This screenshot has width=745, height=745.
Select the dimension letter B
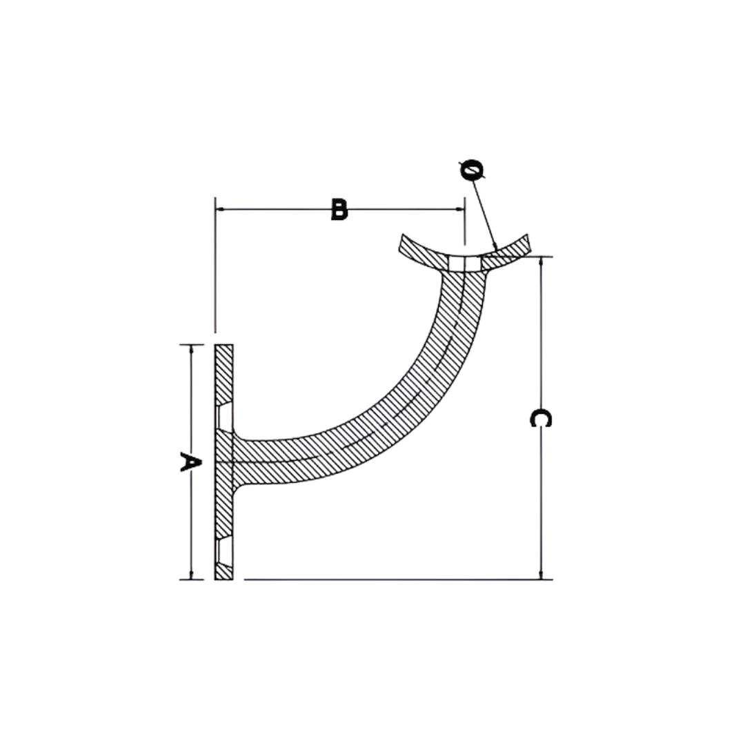[339, 209]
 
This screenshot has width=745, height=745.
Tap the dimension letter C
[540, 418]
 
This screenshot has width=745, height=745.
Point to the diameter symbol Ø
[471, 170]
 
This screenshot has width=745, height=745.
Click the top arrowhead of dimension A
[191, 348]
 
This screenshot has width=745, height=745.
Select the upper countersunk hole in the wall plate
[223, 416]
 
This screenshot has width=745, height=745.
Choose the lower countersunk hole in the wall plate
[223, 549]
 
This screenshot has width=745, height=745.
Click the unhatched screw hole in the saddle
[464, 264]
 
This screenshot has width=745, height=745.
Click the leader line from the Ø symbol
[485, 214]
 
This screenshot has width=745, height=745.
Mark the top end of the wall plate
[223, 346]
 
